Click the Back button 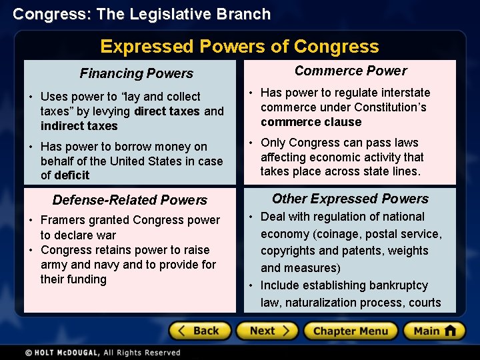click(x=200, y=331)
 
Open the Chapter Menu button click(x=350, y=331)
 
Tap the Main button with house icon click(x=434, y=331)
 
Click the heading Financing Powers click(x=136, y=73)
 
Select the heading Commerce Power click(x=351, y=71)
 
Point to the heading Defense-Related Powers click(x=130, y=200)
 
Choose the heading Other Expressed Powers click(x=350, y=199)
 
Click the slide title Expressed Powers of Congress click(x=239, y=46)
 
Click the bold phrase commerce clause click(x=311, y=122)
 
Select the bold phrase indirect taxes click(x=79, y=126)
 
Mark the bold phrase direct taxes click(x=167, y=111)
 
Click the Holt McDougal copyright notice click(x=103, y=352)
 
